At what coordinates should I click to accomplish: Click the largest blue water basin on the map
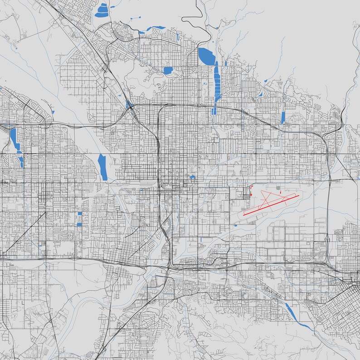[x=206, y=56]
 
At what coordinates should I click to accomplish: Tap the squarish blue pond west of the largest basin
[x=168, y=70]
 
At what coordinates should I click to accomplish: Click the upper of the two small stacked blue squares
[x=80, y=214]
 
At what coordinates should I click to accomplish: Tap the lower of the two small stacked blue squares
[x=79, y=224]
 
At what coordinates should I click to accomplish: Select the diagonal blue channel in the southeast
[x=291, y=312]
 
